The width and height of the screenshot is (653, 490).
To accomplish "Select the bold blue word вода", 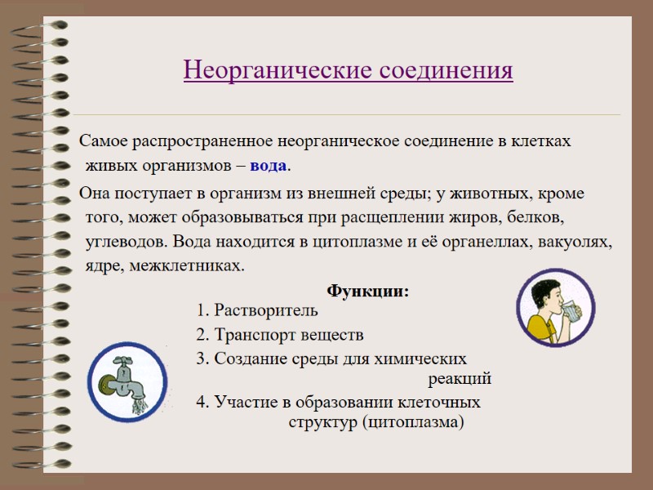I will pos(269,166).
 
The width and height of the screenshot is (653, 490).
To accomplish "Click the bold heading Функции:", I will pos(367,292).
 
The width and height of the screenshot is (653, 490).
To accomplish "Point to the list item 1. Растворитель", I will pos(257,311).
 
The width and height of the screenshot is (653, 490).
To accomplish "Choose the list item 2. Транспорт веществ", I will pos(279,335).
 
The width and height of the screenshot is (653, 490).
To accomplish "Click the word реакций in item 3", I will pos(460,380).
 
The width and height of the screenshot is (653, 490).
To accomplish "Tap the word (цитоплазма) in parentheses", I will pos(413,422).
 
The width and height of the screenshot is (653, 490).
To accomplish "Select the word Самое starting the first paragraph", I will pos(98,141).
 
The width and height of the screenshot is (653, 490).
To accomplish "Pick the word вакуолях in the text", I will pos(580,243).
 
